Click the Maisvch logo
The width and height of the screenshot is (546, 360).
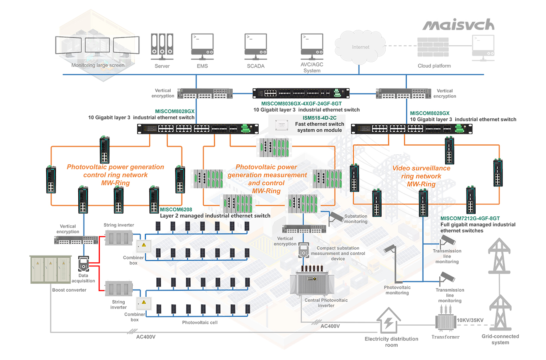point(458,25)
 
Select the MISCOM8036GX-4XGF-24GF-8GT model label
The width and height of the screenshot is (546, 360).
point(301,104)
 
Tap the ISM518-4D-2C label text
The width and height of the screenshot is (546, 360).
point(319,118)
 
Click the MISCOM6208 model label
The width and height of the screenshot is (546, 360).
point(176,210)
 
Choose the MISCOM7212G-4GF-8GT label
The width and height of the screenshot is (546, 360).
point(470,218)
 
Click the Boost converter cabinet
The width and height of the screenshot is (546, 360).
point(51,270)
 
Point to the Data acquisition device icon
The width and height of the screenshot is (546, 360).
point(83,264)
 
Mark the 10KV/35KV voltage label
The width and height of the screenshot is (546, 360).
point(470,320)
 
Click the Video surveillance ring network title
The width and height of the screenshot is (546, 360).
point(421,176)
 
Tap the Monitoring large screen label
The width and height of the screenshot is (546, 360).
point(98,65)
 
